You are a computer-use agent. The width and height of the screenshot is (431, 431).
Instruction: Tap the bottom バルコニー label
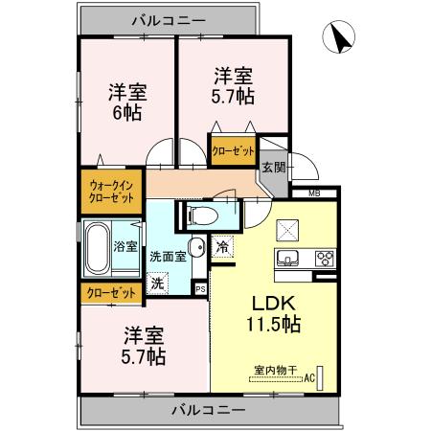(x=209, y=410)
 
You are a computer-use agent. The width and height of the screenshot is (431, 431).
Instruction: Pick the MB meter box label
(x=314, y=193)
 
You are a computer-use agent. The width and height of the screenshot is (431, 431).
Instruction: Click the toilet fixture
(x=202, y=215)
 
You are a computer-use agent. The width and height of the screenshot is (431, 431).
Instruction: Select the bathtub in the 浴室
(x=97, y=248)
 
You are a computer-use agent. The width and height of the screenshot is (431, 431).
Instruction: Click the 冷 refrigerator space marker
(x=222, y=246)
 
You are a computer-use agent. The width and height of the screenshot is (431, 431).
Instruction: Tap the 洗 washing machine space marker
(x=159, y=284)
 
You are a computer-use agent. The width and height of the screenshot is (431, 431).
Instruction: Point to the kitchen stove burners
(x=322, y=257)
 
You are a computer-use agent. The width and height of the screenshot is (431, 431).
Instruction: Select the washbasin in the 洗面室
(x=194, y=249)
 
